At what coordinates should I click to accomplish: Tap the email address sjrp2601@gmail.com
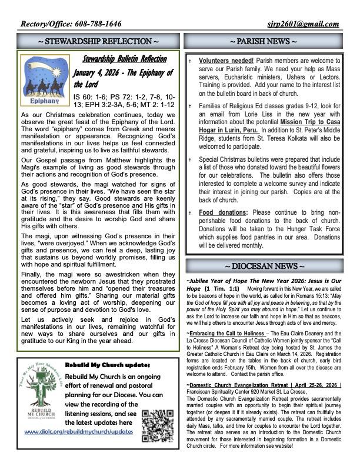pyautogui.click(x=303, y=24)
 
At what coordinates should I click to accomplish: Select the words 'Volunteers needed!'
pyautogui.click(x=226, y=61)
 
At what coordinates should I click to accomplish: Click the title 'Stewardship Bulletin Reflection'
pyautogui.click(x=125, y=60)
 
